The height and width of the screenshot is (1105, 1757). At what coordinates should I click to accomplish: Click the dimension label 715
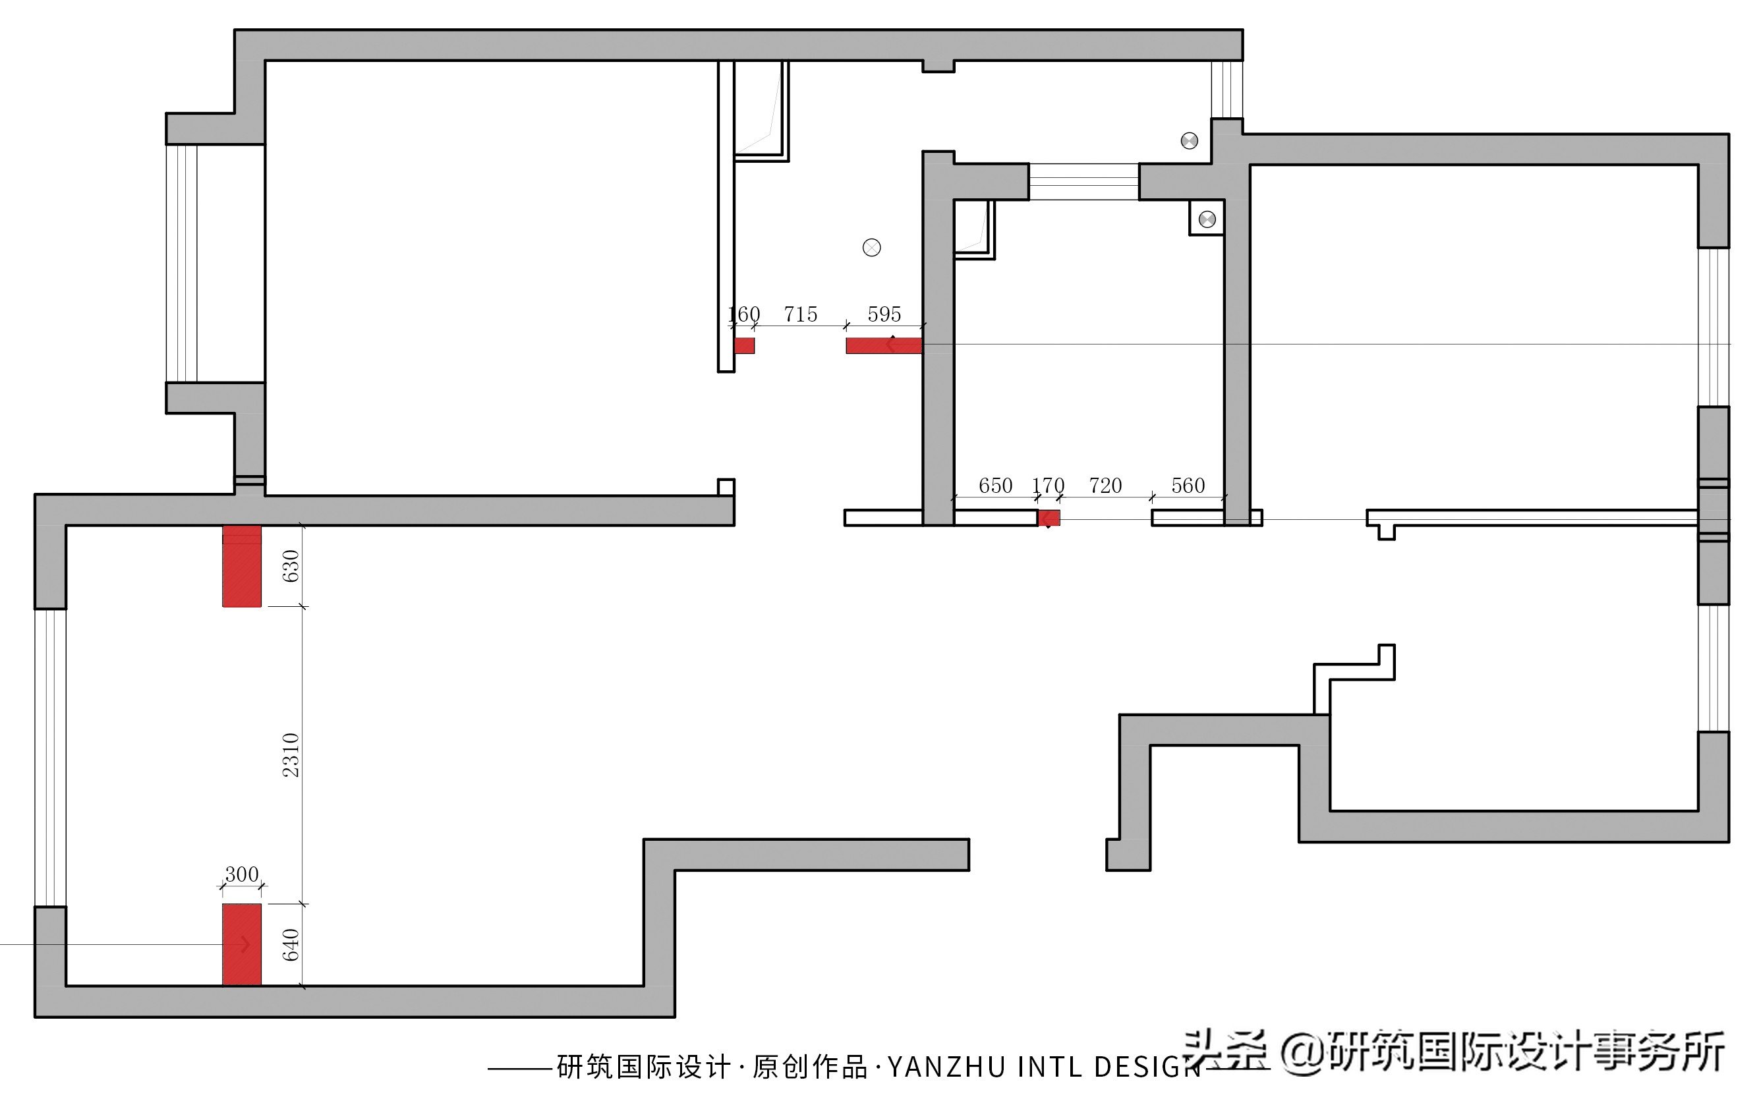click(801, 314)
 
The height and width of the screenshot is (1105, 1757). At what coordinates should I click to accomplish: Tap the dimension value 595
click(884, 314)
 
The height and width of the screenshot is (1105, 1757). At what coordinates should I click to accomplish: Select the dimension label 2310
click(291, 755)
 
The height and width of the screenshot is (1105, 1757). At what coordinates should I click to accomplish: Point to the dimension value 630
click(291, 566)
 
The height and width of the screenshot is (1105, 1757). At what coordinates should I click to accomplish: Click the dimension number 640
click(291, 944)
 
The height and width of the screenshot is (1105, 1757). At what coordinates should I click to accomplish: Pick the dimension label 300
click(241, 874)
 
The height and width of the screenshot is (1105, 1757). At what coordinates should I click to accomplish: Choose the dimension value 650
click(995, 486)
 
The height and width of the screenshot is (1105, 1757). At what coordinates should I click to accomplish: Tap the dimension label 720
click(1105, 486)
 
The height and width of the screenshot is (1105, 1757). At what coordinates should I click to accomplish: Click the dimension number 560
click(1188, 486)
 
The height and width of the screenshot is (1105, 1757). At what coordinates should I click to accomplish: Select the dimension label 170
click(1048, 486)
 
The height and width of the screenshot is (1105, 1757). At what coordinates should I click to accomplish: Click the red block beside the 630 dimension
click(241, 566)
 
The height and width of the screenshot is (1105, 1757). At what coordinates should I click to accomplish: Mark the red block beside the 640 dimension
click(241, 944)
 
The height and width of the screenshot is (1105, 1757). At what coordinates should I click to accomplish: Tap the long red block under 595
click(884, 346)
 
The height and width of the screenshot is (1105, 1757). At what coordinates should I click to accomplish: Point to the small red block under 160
click(744, 346)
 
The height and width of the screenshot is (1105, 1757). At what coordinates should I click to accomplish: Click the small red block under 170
click(1049, 518)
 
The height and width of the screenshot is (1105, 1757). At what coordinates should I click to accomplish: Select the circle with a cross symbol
click(871, 248)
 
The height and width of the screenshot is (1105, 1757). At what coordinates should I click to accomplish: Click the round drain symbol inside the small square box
click(1207, 219)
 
